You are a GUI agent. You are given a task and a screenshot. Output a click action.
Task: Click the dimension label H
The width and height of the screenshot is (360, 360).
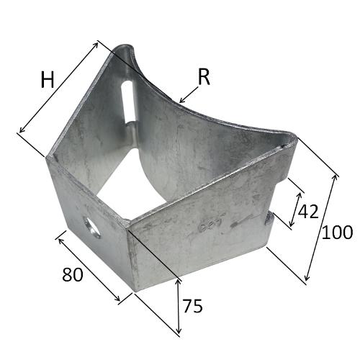pyautogui.click(x=48, y=80)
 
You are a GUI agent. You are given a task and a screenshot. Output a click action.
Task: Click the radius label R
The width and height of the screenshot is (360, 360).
pyautogui.click(x=204, y=77)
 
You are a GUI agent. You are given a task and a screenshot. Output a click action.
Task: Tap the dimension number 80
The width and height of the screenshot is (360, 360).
pyautogui.click(x=73, y=274)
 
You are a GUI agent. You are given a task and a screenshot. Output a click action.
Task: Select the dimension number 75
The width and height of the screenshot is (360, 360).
pyautogui.click(x=192, y=306)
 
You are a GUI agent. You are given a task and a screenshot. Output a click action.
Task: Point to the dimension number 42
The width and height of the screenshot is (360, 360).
pyautogui.click(x=308, y=212)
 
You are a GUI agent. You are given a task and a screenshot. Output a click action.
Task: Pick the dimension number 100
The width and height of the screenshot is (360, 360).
pyautogui.click(x=337, y=232)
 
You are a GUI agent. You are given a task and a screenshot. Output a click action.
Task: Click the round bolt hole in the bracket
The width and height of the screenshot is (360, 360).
pyautogui.click(x=91, y=227)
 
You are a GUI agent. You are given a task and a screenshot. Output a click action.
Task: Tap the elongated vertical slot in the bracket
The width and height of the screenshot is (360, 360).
pyautogui.click(x=129, y=102)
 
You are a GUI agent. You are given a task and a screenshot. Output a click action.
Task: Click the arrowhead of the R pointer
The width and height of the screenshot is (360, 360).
pyautogui.click(x=181, y=100)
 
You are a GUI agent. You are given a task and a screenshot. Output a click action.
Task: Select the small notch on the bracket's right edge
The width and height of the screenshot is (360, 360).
pyautogui.click(x=269, y=219)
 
